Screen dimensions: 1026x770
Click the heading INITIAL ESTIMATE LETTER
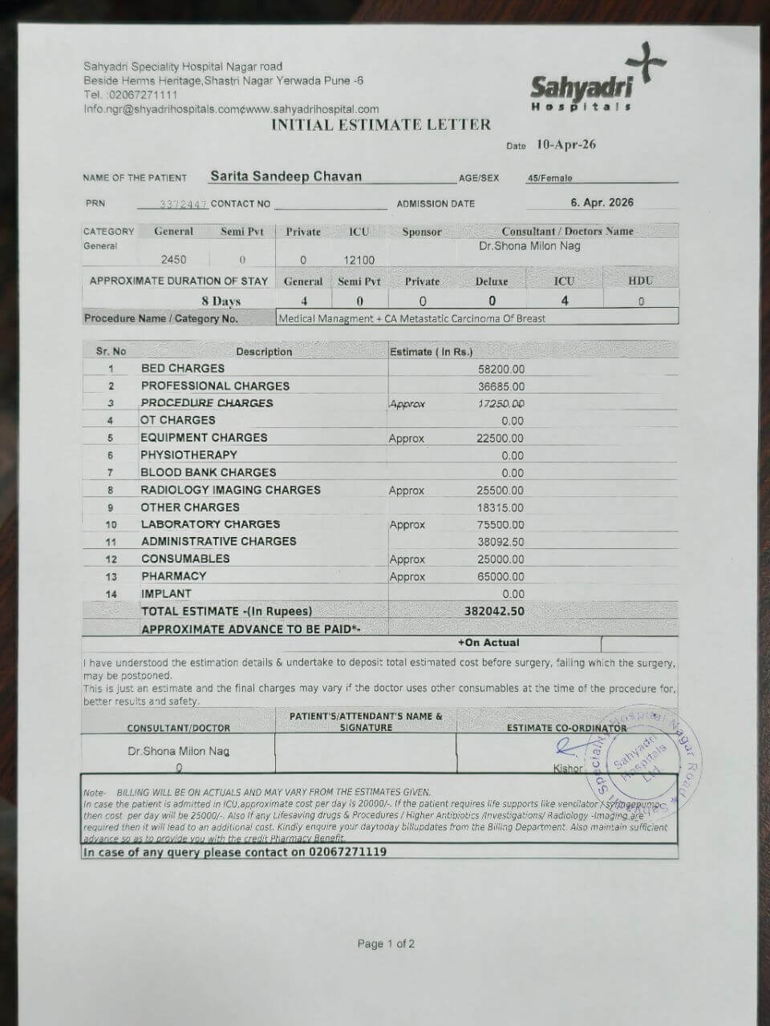pyautogui.click(x=380, y=124)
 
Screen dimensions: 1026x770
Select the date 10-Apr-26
pyautogui.click(x=566, y=145)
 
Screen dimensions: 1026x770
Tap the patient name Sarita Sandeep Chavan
pyautogui.click(x=286, y=176)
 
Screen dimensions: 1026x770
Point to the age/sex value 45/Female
pyautogui.click(x=549, y=179)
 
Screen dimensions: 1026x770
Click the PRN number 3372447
pyautogui.click(x=172, y=204)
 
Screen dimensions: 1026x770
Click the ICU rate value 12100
pyautogui.click(x=359, y=260)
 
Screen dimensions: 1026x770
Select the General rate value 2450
pyautogui.click(x=173, y=260)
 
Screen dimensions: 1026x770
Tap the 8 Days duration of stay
pyautogui.click(x=221, y=301)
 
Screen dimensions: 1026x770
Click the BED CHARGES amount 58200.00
pyautogui.click(x=500, y=370)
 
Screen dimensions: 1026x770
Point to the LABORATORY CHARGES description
pyautogui.click(x=210, y=524)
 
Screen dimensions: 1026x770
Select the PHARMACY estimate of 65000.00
pyautogui.click(x=500, y=576)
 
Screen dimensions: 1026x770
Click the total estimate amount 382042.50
pyautogui.click(x=494, y=611)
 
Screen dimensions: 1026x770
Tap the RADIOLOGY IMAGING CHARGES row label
pyautogui.click(x=230, y=490)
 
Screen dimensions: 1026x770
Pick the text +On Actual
pyautogui.click(x=488, y=643)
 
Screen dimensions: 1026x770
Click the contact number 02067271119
pyautogui.click(x=347, y=852)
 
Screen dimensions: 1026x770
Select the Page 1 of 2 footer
pyautogui.click(x=386, y=943)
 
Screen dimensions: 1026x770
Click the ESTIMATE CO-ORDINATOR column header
pyautogui.click(x=566, y=728)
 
